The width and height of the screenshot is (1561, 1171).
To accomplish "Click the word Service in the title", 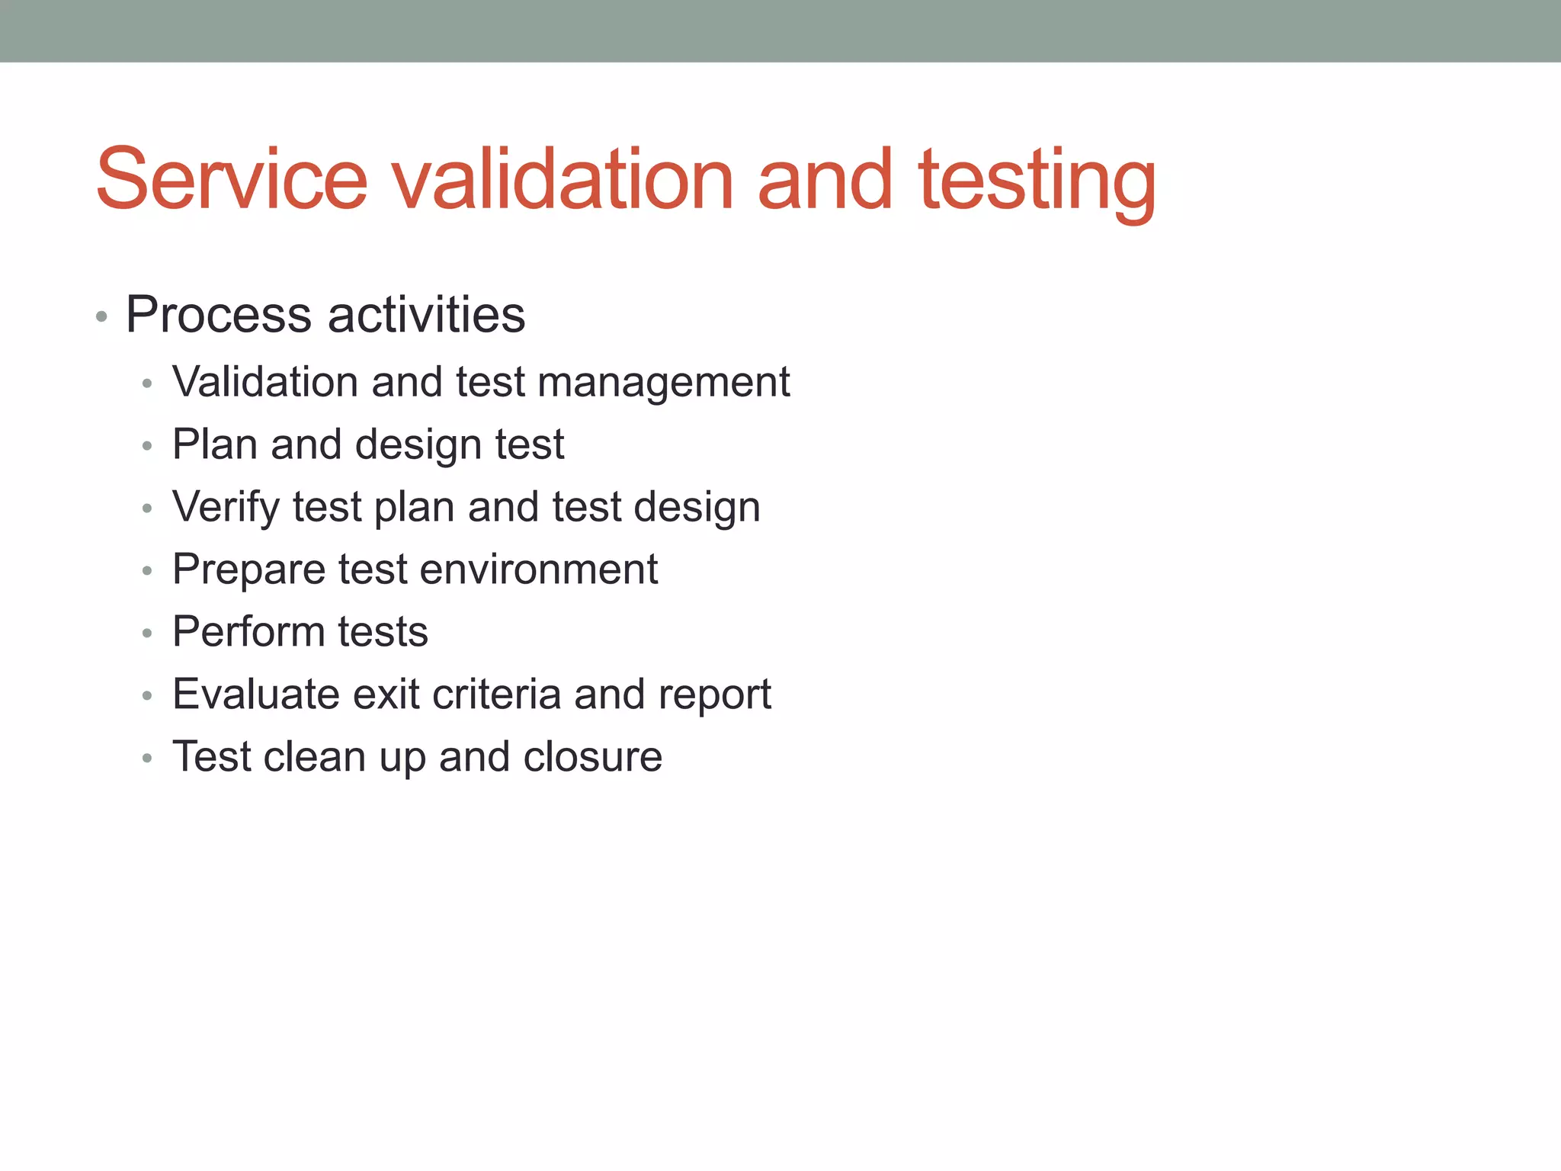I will click(x=232, y=180).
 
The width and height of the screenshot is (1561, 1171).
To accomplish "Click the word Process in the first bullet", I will click(x=219, y=315).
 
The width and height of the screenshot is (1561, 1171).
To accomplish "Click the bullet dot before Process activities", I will click(x=101, y=316).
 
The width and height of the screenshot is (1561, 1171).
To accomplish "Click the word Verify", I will click(x=226, y=508).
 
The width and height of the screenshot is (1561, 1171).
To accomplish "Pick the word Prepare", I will click(x=248, y=570).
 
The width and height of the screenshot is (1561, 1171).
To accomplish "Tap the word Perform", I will click(x=248, y=632).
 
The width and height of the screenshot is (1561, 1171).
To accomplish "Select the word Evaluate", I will click(x=256, y=695).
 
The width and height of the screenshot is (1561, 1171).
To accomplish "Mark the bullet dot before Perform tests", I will click(x=147, y=634).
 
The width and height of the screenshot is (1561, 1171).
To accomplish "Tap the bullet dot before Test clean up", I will click(x=147, y=759).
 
